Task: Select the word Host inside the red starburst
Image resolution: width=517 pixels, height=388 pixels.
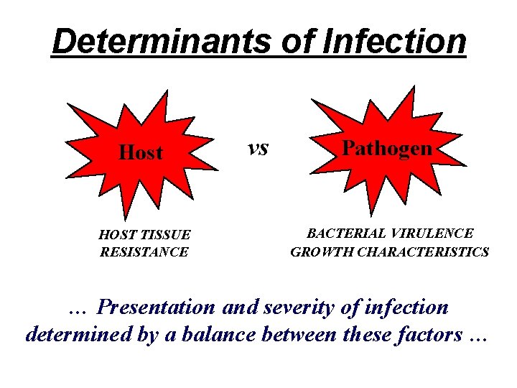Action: coord(141,152)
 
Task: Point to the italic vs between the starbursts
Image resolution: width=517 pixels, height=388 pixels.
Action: coord(257,147)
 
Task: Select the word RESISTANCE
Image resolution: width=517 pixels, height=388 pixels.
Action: coord(144,252)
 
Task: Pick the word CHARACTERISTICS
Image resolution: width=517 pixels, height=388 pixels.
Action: coord(421,252)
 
